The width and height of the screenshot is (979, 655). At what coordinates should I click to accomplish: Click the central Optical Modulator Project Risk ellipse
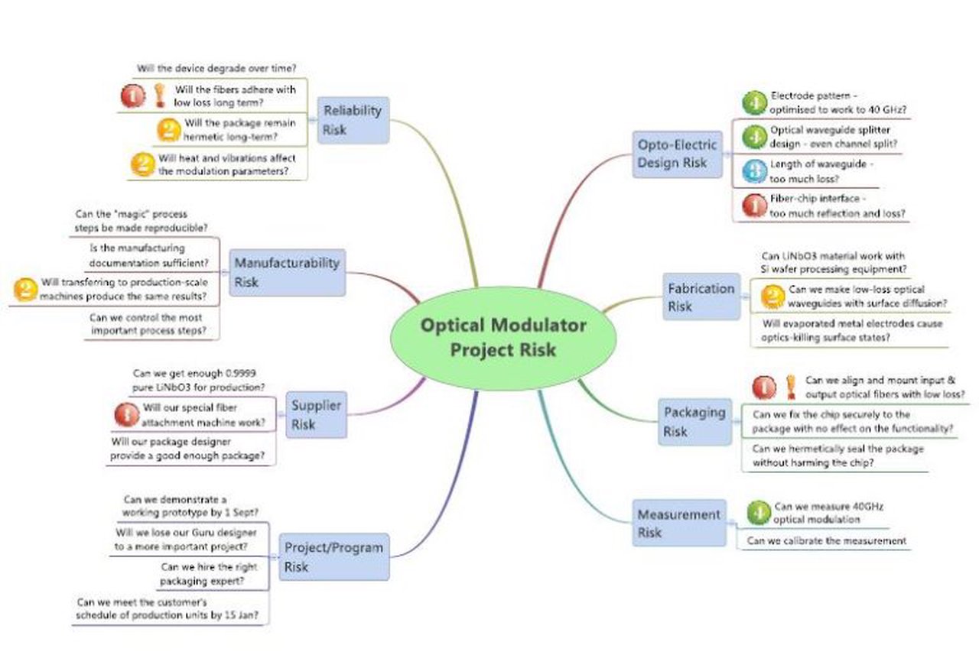tap(503, 337)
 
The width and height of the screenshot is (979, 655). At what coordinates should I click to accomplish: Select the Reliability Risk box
tap(352, 120)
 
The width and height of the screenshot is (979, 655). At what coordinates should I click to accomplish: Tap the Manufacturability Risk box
tap(287, 272)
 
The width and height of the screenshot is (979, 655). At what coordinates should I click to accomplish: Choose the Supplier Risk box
tap(316, 414)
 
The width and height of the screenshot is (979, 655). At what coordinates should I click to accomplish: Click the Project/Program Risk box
tap(333, 556)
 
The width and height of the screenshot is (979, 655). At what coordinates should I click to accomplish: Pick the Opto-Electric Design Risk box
tap(677, 154)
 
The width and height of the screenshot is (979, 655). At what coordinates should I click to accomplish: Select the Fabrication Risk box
tap(701, 297)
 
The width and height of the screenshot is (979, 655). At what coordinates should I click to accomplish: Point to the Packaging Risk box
tap(694, 421)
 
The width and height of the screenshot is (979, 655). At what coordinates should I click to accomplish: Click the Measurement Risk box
tap(679, 523)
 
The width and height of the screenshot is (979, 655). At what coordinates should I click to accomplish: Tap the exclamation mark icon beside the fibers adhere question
tap(160, 96)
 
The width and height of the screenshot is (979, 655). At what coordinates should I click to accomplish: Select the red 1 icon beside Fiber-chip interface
tap(754, 206)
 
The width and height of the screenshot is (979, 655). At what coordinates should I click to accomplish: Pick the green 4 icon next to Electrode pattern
tap(754, 102)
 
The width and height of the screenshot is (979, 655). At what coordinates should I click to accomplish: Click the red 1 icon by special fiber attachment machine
tap(126, 414)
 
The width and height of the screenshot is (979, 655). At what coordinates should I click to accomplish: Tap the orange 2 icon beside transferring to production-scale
tap(26, 288)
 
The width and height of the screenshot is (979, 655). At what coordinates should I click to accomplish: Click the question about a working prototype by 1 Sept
tap(190, 505)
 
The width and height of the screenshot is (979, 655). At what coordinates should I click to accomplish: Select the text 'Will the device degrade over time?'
tap(216, 68)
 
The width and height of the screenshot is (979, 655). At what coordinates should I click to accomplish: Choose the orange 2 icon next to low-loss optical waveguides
tap(773, 296)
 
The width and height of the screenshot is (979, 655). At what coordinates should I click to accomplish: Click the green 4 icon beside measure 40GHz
tap(758, 512)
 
